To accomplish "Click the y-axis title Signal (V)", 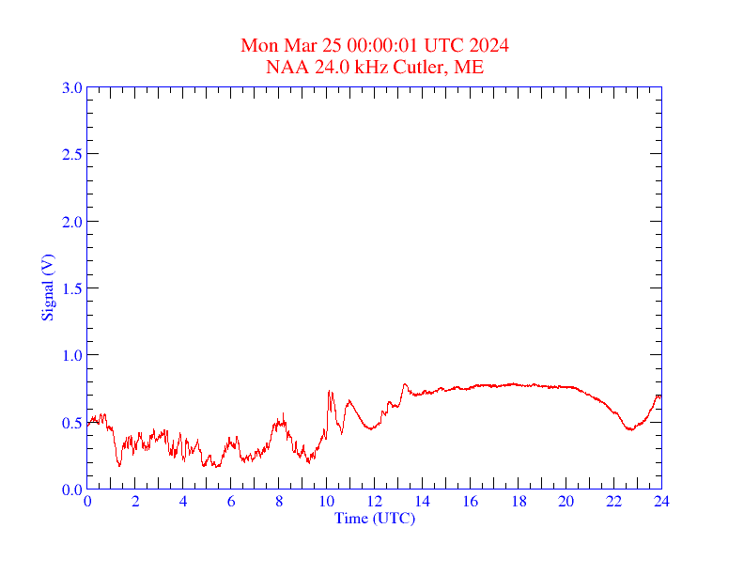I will pyautogui.click(x=47, y=287).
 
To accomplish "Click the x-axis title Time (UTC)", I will pyautogui.click(x=374, y=518).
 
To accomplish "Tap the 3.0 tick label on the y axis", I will pyautogui.click(x=71, y=88).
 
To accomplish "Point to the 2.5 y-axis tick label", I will pyautogui.click(x=71, y=155).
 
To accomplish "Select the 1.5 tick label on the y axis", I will pyautogui.click(x=71, y=288).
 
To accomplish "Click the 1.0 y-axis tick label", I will pyautogui.click(x=71, y=355).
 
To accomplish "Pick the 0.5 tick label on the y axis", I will pyautogui.click(x=71, y=423).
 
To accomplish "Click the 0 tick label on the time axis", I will pyautogui.click(x=87, y=502).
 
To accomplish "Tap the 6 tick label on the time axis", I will pyautogui.click(x=231, y=502).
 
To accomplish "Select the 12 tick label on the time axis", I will pyautogui.click(x=375, y=502).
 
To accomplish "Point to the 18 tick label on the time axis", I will pyautogui.click(x=519, y=502).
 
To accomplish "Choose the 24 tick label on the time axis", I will pyautogui.click(x=661, y=502).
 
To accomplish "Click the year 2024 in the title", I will pyautogui.click(x=489, y=45).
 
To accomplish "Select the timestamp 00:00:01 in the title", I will pyautogui.click(x=384, y=45).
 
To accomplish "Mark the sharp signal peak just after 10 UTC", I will pyautogui.click(x=329, y=392).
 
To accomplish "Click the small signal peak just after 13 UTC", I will pyautogui.click(x=405, y=383).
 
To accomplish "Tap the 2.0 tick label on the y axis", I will pyautogui.click(x=71, y=222).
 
